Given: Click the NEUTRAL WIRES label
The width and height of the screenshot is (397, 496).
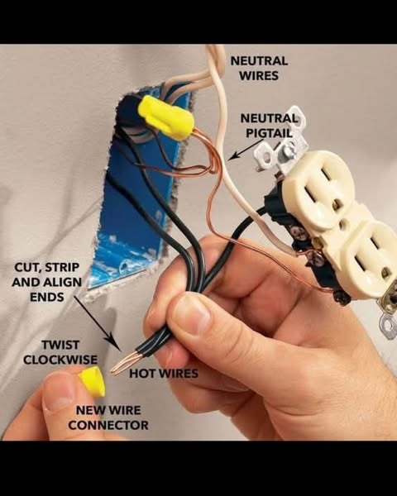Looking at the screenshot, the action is pos(259,68).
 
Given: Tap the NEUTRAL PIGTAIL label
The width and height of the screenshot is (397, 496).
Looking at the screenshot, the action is pos(269,126).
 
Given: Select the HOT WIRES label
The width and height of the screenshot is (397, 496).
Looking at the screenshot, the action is pos(164,374).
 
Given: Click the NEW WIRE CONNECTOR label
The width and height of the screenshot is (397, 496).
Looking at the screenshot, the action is pos(108,417).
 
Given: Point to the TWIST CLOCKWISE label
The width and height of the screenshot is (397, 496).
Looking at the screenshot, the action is pos(60,352).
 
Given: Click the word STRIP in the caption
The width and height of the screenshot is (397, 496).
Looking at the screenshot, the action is pos(62,268).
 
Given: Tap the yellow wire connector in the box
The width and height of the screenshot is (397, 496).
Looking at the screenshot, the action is pos(165,117).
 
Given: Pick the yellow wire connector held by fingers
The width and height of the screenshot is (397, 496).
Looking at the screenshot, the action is pos(92,380).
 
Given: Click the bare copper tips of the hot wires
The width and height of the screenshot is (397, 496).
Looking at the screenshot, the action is pos(124,362).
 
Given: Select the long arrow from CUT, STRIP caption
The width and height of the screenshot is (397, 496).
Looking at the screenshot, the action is pos(98,323).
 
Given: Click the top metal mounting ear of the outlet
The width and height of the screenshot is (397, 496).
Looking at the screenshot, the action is pos(280,141).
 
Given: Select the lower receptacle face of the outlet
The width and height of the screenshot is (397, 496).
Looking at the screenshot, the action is pos(372,256).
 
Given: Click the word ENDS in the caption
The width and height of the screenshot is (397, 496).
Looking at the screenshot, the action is pos(47,297).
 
